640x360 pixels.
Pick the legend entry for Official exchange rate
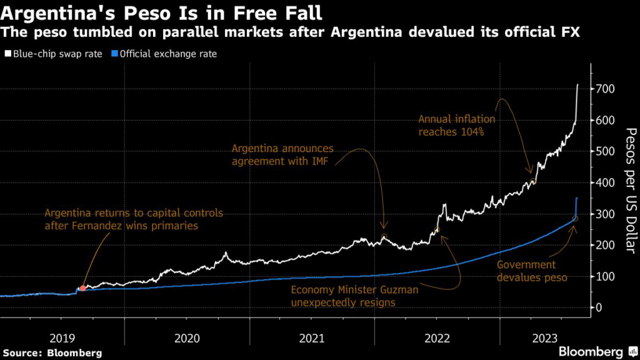[x=168, y=54]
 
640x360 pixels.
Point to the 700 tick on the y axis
[x=607, y=89]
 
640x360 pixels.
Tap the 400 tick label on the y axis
[x=607, y=183]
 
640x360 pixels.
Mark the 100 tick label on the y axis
[x=607, y=276]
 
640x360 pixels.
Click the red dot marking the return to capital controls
[x=83, y=288]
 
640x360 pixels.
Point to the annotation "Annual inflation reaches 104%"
[x=456, y=125]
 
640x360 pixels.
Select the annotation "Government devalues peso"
[x=532, y=271]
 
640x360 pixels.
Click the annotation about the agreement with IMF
[x=282, y=156]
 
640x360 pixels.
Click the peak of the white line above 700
[x=577, y=84]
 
